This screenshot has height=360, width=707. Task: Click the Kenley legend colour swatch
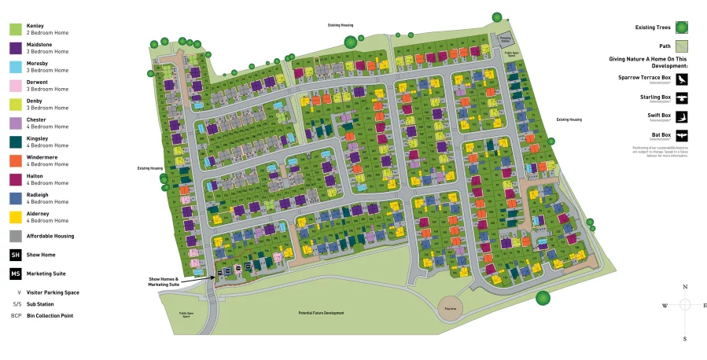coord(16,29)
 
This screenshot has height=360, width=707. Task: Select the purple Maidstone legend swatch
coord(16,48)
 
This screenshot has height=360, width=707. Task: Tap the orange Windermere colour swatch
coord(16,160)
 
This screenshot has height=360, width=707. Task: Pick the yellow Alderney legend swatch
coord(16,216)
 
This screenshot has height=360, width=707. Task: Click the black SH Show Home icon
coord(16,255)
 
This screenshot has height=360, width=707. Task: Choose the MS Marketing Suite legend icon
coord(16,274)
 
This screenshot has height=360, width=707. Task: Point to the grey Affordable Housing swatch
coord(16,236)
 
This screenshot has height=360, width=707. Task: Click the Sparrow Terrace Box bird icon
coord(681,79)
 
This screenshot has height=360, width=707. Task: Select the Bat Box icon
coord(681,135)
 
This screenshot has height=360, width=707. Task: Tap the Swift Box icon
coord(681,116)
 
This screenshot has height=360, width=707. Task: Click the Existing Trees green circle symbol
coord(681,28)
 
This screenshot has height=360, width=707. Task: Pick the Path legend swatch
coord(681,46)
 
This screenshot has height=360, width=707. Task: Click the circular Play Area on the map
coord(451,305)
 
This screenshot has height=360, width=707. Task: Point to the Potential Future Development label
coord(321,313)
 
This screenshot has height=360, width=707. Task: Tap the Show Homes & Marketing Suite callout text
coord(164,281)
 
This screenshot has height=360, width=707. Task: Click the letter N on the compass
coord(686,288)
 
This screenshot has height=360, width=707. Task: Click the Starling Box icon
coord(681,97)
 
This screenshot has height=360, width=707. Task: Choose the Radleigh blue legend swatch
coord(16,198)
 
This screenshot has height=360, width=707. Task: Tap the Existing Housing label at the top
coord(341,25)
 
